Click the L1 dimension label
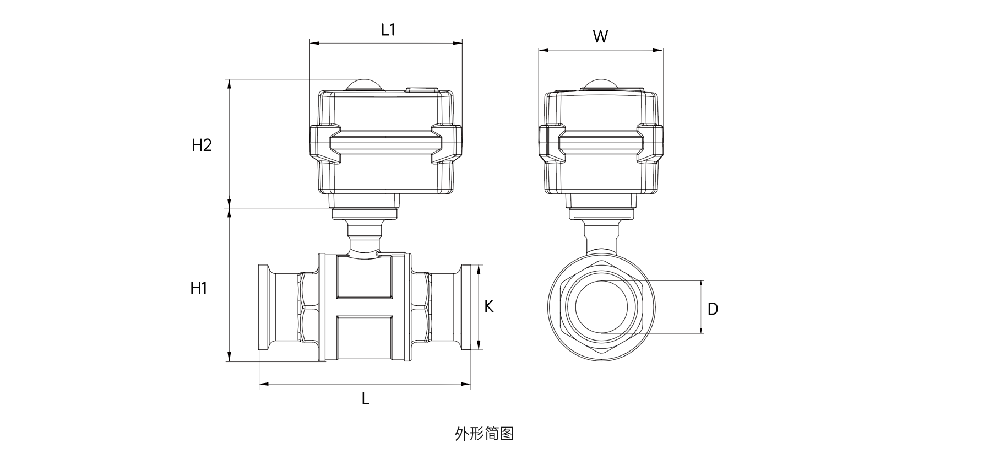pos(388,30)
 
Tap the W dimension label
pos(600,37)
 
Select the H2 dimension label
pos(202,145)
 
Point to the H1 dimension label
pos(199,288)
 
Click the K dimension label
pos(488,306)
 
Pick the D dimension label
pos(713,309)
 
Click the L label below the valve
pos(366,399)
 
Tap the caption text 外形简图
pos(485,434)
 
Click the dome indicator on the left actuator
pos(363,85)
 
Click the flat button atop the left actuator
pos(422,89)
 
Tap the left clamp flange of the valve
pos(264,307)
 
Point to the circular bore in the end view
pos(602,307)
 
